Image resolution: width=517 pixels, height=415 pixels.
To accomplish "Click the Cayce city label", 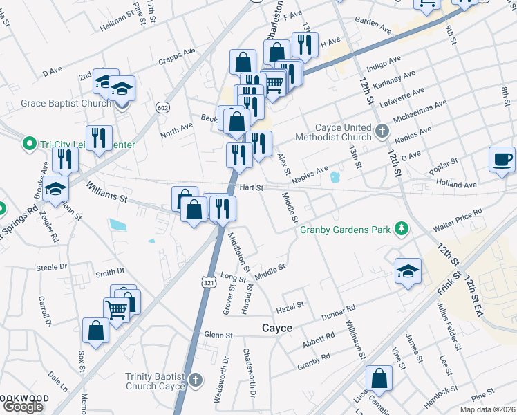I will click(276, 327).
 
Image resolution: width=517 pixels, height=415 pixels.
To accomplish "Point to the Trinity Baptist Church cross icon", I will click(196, 380).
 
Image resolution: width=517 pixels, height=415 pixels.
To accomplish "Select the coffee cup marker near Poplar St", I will click(502, 160).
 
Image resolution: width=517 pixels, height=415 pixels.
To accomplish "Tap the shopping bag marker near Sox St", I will click(95, 330).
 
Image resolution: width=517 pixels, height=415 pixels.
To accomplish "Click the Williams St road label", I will click(108, 191).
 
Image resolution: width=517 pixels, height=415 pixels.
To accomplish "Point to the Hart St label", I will click(252, 187).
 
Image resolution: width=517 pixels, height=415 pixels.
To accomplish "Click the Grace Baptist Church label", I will click(66, 104).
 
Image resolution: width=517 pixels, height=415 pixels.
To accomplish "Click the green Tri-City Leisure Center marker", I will click(29, 145).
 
